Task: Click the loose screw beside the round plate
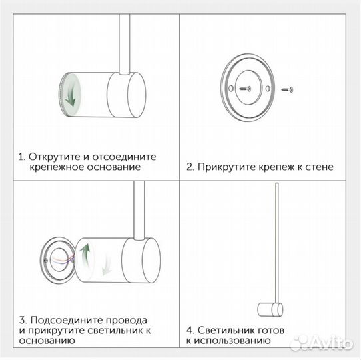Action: (x=287, y=87)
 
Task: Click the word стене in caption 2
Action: (x=318, y=167)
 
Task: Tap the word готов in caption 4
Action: (x=268, y=330)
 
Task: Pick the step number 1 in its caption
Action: (x=21, y=157)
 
